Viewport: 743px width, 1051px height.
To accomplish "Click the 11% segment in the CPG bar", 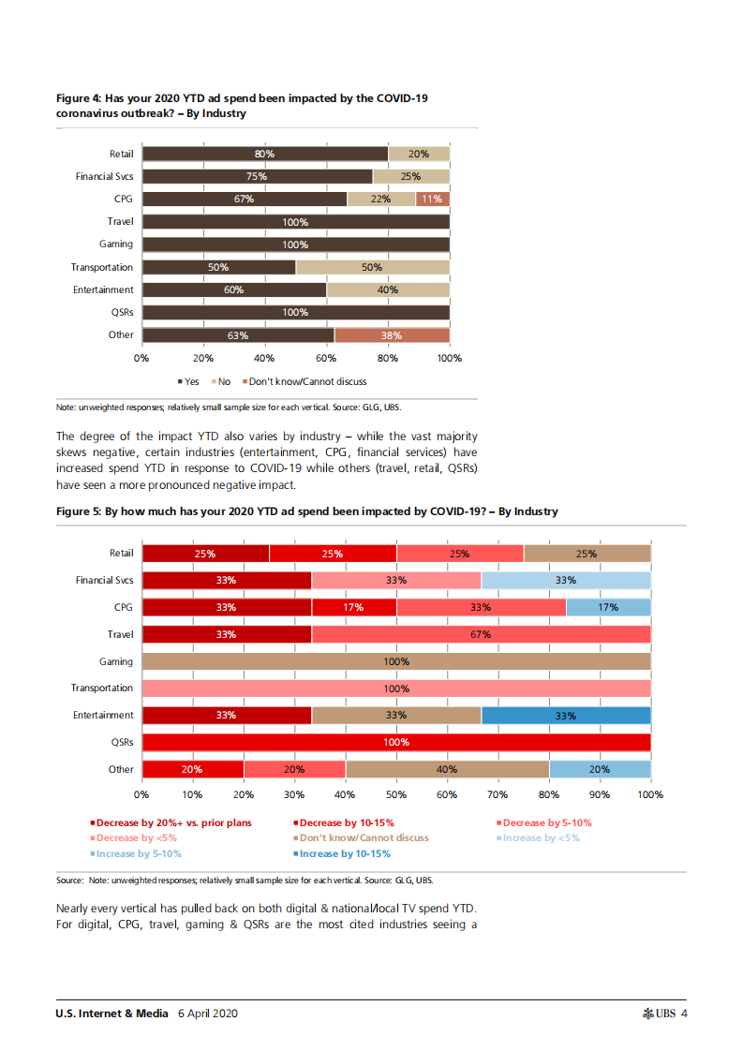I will tap(432, 199).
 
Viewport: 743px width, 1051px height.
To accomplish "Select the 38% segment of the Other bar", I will tap(393, 335).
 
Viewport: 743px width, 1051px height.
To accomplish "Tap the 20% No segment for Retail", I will tap(419, 154).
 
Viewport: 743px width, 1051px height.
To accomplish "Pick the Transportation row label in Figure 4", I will tap(102, 267).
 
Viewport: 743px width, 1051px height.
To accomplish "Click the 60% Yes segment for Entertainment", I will tap(234, 290).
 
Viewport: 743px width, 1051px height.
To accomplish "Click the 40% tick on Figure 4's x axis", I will tap(264, 358).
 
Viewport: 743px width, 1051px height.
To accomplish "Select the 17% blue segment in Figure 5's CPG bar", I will tap(608, 607).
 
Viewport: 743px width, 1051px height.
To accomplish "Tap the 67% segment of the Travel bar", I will tap(481, 634).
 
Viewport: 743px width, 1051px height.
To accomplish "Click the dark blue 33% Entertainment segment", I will tap(565, 716).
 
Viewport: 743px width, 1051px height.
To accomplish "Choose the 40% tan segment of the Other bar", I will tap(447, 769).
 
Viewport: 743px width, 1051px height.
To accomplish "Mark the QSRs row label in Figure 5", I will tap(120, 742).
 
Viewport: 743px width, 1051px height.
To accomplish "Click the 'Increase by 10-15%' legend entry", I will tap(344, 853).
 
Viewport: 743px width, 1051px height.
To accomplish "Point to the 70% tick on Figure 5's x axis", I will tap(498, 794).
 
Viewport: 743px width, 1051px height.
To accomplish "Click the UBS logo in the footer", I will tap(659, 1014).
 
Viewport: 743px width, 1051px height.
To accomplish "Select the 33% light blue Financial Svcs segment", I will tap(565, 580).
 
